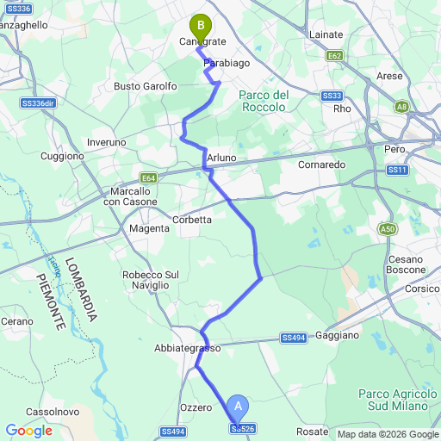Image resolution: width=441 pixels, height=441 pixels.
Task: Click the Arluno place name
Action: (x=221, y=158)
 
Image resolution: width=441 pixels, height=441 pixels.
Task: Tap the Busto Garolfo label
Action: (x=146, y=86)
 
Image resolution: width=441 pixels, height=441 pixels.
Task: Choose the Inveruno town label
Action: (x=107, y=142)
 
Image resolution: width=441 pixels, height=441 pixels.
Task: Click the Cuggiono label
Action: (x=63, y=156)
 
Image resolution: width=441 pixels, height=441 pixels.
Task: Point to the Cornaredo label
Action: (x=321, y=164)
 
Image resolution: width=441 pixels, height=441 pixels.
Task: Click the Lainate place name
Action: (x=326, y=34)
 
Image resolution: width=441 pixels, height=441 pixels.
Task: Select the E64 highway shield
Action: (x=150, y=178)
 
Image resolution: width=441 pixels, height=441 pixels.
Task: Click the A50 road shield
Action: (x=388, y=229)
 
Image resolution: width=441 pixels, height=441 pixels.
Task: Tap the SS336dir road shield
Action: (x=37, y=103)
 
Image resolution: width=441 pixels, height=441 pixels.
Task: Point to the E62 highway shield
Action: (x=335, y=55)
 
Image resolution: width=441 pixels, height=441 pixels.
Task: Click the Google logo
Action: (x=28, y=431)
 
